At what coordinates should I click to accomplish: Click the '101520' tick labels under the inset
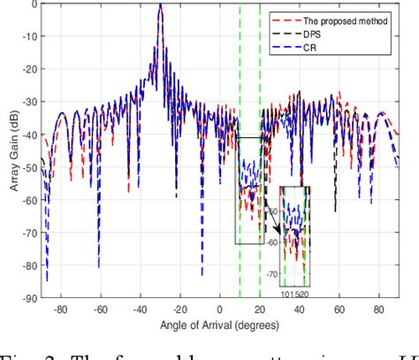[x=294, y=293]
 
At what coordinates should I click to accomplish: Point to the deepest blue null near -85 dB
[x=47, y=279]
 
